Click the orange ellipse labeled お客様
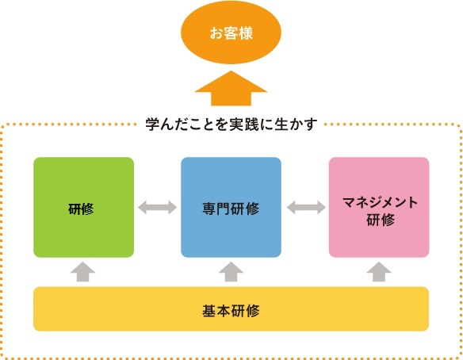[x=231, y=33]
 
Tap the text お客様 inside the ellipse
[x=231, y=33]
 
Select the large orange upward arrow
[x=231, y=88]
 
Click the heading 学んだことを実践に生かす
[x=231, y=124]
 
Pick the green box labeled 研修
[x=83, y=207]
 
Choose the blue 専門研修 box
[x=231, y=207]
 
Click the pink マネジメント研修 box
[x=379, y=207]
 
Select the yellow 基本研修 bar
[x=231, y=309]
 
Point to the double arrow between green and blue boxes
[x=158, y=207]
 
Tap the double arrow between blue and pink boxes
[x=306, y=207]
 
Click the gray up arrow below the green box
[x=82, y=272]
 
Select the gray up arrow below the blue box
[x=231, y=272]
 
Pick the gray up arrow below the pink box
[x=379, y=272]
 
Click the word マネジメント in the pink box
[x=380, y=202]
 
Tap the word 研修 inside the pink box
[x=381, y=220]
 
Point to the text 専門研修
[x=231, y=209]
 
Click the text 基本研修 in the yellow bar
[x=231, y=311]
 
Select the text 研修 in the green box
[x=81, y=209]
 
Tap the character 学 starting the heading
[x=153, y=124]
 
